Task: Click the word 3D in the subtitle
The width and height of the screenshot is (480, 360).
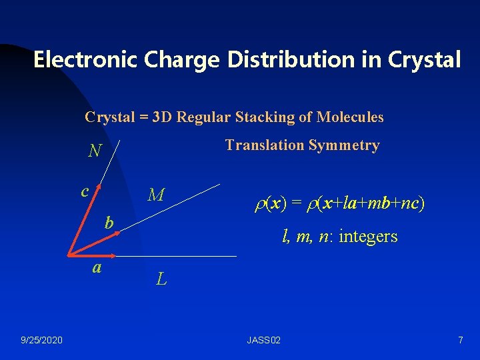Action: (x=162, y=117)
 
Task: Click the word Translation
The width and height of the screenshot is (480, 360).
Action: (x=264, y=145)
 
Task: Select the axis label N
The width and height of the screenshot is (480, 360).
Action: (x=95, y=152)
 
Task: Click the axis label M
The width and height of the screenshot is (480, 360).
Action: (x=156, y=195)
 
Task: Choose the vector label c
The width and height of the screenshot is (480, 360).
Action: (x=85, y=191)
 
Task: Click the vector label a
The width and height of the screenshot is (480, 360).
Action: (x=97, y=267)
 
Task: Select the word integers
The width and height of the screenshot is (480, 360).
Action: (x=369, y=236)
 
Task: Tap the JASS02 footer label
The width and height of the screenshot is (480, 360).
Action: (x=263, y=341)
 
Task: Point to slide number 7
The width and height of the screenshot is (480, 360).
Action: (x=460, y=341)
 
